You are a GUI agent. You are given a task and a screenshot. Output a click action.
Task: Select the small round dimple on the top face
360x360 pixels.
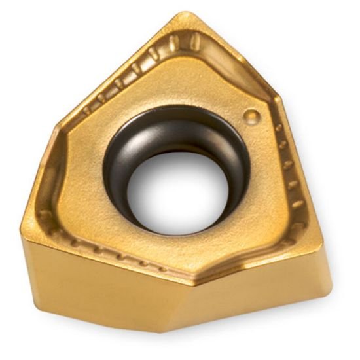[250, 117]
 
